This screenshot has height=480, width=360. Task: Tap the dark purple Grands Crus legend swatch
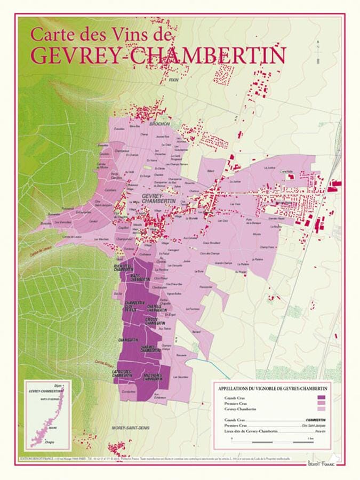pos(321,398)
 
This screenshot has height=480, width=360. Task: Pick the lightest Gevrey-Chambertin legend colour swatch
pos(321,409)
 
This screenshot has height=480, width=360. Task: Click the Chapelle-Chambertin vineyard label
pos(155,308)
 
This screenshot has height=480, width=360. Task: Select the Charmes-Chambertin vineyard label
pos(151,349)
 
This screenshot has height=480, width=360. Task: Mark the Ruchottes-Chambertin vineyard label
pos(124,268)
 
